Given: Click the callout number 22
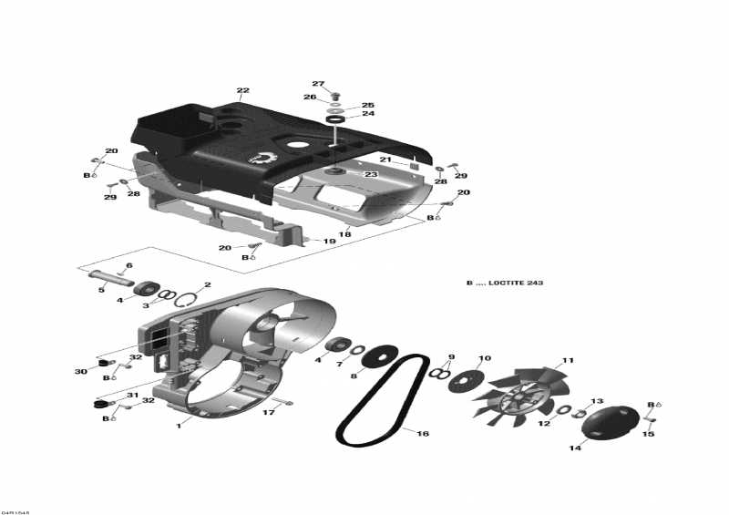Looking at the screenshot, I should [242, 90].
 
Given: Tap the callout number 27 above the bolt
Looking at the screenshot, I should [318, 84].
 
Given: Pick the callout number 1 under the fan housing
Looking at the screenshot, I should [180, 424].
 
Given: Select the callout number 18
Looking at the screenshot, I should [344, 234].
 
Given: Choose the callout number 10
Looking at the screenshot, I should [485, 358].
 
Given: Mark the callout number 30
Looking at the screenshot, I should [80, 371].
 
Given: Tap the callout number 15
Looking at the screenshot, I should [649, 434].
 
